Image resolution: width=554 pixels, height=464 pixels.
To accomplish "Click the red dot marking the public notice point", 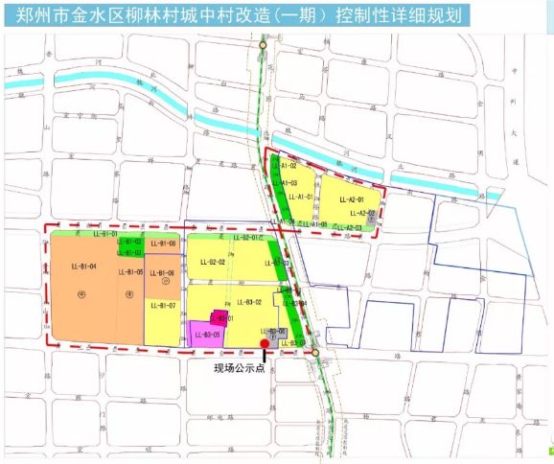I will point(265,342).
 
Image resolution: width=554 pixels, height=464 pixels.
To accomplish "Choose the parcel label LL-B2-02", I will point(210,262).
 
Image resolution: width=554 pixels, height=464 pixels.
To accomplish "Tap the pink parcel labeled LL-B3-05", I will point(207,335).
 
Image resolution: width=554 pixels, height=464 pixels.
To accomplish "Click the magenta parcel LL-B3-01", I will point(222,317).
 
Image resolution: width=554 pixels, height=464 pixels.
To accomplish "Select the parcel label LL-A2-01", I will point(351,199).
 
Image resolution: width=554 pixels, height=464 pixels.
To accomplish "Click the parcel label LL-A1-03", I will point(285,182).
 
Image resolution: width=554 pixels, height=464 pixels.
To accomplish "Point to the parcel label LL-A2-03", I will point(351,227).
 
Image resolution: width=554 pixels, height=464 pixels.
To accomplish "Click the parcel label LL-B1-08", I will point(162,244).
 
